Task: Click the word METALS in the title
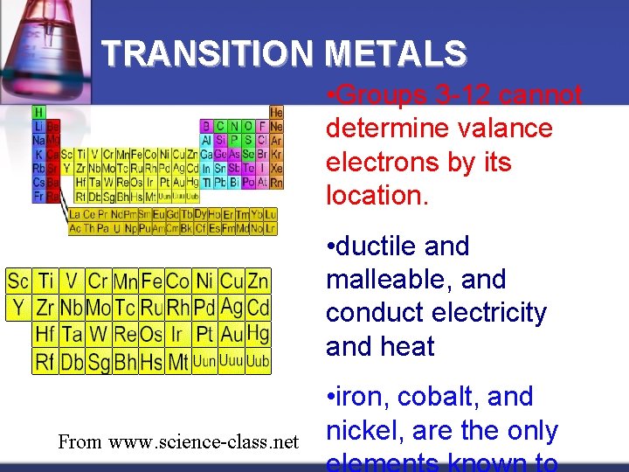click(x=396, y=54)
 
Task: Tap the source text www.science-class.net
click(x=203, y=441)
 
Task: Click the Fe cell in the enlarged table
click(x=152, y=281)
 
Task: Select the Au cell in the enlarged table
click(x=232, y=334)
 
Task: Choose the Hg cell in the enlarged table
click(x=258, y=333)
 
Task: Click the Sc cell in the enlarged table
click(x=18, y=281)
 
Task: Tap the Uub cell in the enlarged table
click(x=258, y=360)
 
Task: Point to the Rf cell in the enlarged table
click(x=45, y=360)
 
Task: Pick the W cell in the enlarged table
click(x=98, y=334)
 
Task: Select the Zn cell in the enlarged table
click(x=258, y=281)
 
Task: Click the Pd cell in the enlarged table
click(x=205, y=308)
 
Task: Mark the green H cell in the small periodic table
click(x=38, y=112)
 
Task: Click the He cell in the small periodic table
click(x=276, y=112)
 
